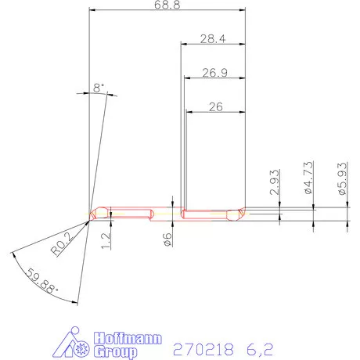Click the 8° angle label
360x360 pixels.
98,88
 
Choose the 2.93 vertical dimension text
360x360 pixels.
274,181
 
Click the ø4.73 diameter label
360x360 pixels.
308,178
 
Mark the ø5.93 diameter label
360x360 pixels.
341,178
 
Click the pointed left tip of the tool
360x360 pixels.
91,214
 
